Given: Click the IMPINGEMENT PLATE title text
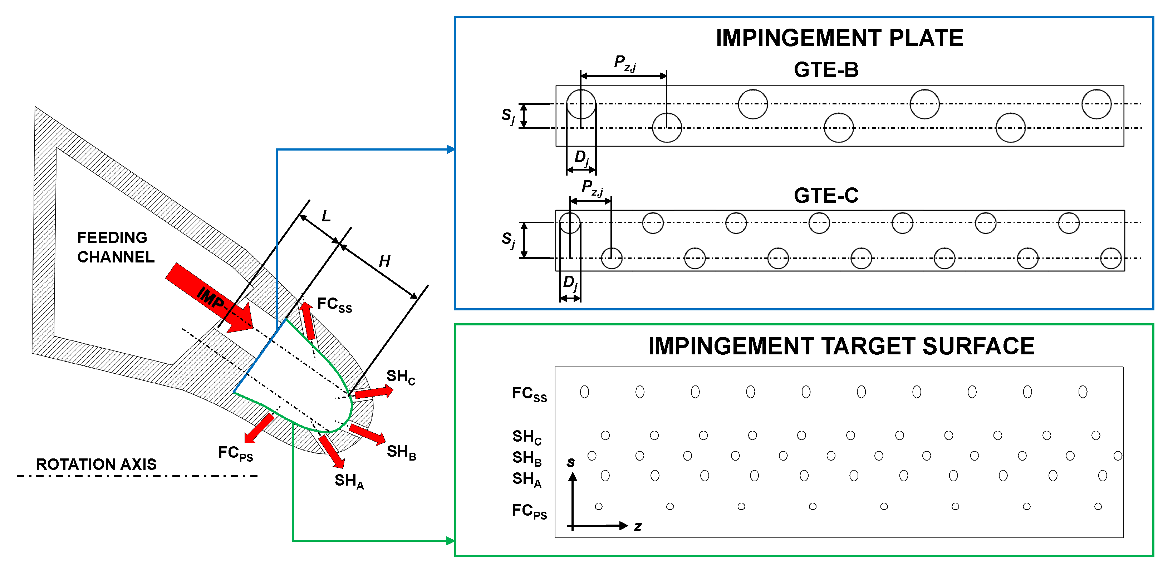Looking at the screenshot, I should coord(839,38).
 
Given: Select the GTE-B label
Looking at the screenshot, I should coord(826,70).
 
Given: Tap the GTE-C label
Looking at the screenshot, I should coord(826,196).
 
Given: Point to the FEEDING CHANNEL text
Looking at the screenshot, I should coord(115,247).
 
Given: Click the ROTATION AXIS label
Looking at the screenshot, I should coord(96,465).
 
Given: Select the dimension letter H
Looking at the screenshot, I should coord(384,261).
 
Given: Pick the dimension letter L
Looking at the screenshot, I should coord(326,216).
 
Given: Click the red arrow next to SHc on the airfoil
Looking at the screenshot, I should coord(373,392).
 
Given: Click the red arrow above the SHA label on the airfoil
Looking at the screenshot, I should coord(332,451).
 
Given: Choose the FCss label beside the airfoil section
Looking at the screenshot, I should coord(334,304).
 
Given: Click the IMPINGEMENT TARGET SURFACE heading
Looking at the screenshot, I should coord(841,347).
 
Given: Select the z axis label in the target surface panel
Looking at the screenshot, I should coord(638,526).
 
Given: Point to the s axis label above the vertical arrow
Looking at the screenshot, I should coord(571,462).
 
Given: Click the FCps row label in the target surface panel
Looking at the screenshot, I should coord(529,511).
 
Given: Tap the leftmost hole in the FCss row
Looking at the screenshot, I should coord(584,392).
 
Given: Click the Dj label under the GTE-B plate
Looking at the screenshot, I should coord(581,158).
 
